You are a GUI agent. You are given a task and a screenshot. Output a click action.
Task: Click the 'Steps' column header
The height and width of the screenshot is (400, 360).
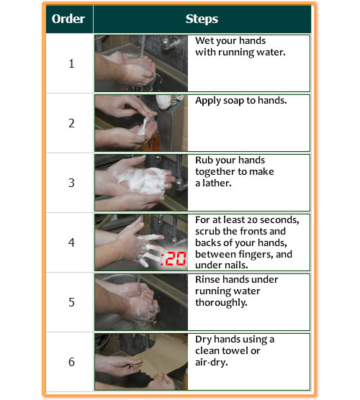tap(202, 19)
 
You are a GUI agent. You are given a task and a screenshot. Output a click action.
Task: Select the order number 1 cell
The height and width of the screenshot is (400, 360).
tap(71, 63)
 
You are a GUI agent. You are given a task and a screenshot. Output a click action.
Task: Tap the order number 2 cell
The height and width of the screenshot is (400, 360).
tap(71, 123)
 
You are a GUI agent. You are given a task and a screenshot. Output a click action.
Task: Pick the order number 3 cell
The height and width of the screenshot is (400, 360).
tap(71, 183)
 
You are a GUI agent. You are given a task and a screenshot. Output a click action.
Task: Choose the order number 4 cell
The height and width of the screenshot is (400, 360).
tap(71, 242)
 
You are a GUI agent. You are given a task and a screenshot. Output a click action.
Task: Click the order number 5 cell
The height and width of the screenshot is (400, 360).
tap(71, 302)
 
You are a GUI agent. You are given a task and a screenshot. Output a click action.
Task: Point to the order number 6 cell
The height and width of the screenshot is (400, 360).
tap(71, 362)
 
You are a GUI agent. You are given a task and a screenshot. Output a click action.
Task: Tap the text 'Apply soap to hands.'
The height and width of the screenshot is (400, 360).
tap(240, 101)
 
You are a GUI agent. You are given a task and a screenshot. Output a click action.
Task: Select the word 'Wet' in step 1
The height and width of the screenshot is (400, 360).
tap(204, 40)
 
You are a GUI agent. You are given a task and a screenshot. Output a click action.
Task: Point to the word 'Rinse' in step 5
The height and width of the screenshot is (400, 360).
tap(209, 279)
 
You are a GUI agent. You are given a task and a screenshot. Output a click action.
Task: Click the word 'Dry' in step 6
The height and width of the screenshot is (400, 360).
tap(204, 339)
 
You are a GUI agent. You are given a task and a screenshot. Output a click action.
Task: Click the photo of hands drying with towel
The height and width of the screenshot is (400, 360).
tap(141, 362)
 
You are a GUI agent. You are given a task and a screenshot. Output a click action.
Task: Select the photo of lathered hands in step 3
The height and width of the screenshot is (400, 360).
tap(141, 183)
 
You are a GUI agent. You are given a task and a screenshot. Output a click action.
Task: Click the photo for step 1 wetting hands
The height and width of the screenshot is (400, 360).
tap(141, 63)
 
